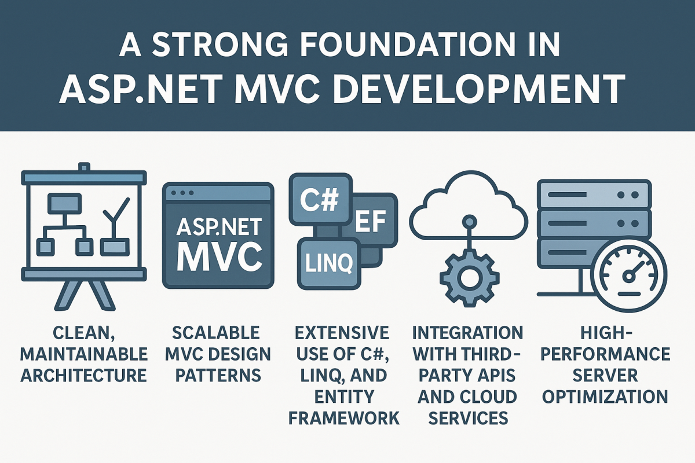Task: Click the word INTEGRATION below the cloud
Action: click(468, 333)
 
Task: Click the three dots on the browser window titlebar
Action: click(184, 192)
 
